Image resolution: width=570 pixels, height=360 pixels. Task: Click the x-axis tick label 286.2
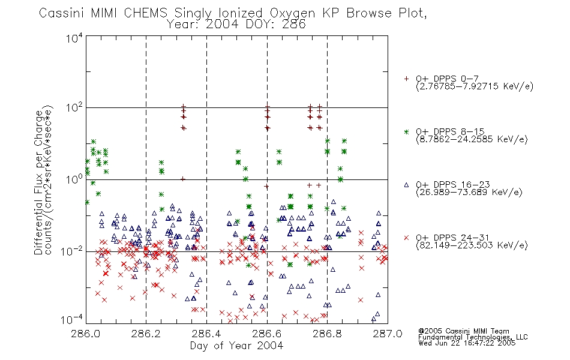(146, 334)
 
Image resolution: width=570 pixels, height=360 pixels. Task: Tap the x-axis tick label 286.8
(327, 334)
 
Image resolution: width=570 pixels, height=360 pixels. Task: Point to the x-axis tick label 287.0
(388, 334)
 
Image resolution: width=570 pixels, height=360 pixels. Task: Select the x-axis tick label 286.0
(86, 334)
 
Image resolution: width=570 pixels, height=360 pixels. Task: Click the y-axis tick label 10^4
(74, 38)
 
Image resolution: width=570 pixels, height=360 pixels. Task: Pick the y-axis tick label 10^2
(74, 108)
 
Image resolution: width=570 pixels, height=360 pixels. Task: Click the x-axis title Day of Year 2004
(236, 346)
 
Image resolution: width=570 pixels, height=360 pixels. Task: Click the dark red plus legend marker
(406, 79)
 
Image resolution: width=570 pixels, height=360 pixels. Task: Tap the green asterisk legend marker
(406, 131)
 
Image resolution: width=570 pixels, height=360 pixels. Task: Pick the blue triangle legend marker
(406, 185)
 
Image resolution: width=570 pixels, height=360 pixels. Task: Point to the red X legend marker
(406, 238)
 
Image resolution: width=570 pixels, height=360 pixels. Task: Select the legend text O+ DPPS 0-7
(448, 78)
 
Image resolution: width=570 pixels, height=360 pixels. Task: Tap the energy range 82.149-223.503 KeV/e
(472, 245)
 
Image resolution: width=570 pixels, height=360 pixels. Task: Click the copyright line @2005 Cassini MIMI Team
(464, 331)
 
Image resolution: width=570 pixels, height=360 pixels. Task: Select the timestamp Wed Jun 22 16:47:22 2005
(467, 343)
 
